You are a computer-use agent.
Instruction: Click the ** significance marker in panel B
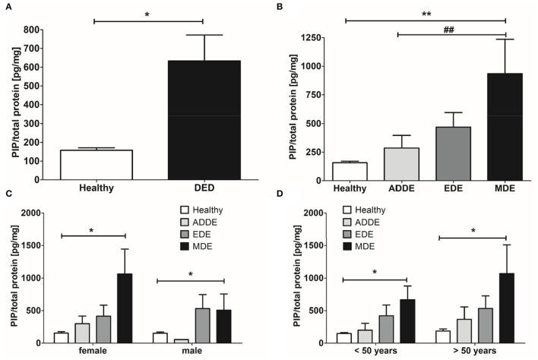(425, 13)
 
